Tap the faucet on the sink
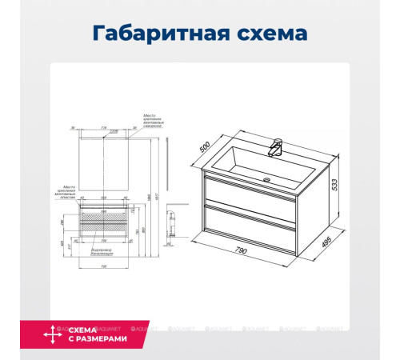coord(277,147)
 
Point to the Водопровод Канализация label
coord(102,251)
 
